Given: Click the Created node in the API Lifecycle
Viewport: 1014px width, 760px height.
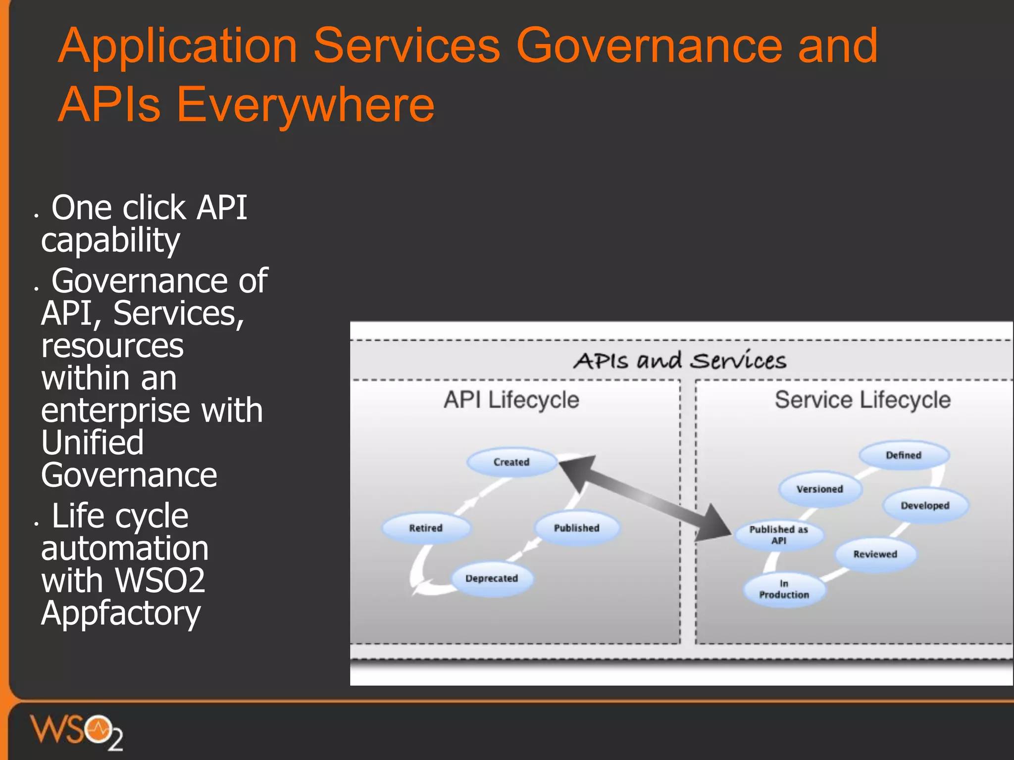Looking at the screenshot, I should pos(511,462).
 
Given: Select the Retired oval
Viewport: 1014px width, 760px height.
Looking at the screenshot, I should pos(426,528).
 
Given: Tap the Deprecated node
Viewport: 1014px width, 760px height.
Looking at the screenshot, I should pos(492,578).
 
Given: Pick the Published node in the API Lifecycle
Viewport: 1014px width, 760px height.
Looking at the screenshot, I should pos(576,528).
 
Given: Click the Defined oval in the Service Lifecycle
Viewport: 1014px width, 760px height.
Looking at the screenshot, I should pos(904,455).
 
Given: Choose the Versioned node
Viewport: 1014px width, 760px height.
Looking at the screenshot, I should pos(820,489).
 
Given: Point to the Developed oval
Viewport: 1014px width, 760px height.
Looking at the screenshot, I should pos(925,506).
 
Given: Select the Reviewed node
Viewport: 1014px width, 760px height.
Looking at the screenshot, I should pos(875,554).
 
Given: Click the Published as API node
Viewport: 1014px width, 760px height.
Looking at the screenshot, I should pos(779,535).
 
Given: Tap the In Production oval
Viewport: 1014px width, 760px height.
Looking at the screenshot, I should pos(784,589).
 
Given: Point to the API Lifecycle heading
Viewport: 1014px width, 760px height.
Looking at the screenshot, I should pos(511,400).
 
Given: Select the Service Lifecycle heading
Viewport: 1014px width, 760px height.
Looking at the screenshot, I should pos(862,400).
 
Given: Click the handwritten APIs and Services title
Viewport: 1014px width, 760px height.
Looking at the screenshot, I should pos(680,360).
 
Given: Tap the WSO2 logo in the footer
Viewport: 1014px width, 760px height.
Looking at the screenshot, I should pos(77,731).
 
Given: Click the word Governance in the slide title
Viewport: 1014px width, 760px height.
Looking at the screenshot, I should pos(649,46).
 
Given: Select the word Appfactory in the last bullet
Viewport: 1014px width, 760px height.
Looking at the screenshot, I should pos(121,614).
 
